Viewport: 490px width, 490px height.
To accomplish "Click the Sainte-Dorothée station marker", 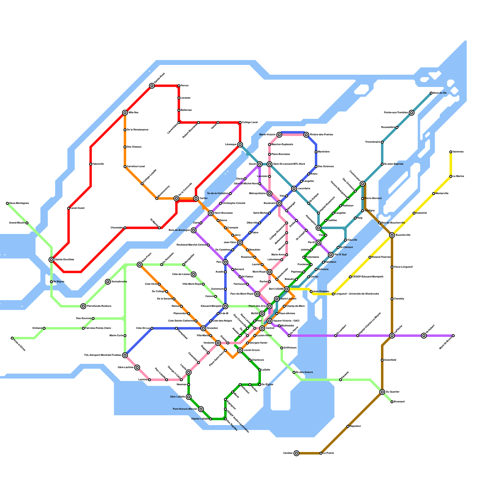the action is pos(51,260).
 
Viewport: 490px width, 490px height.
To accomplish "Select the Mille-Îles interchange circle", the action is pos(125,113).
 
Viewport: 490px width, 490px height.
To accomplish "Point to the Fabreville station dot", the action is pos(91,164).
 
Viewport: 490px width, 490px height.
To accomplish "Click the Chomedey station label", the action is pos(117,228).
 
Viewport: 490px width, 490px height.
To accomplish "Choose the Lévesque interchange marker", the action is pos(240,145).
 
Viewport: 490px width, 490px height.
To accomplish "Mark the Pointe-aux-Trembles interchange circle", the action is pos(412,113).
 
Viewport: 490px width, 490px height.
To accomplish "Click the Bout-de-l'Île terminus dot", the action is pos(431,93).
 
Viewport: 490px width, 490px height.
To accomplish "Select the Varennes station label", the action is pos(458,152).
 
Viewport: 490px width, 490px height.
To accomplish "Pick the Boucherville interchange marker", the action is pos(392,235).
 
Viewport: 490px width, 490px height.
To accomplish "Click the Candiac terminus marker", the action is pos(296,453).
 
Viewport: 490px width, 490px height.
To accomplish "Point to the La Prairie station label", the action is pos(328,453).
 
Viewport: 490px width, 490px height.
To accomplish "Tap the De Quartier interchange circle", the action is pos(382,392).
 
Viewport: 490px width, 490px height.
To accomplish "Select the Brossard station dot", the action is pos(392,402).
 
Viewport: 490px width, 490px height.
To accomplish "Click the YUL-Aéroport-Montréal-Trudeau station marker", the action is pos(125,355).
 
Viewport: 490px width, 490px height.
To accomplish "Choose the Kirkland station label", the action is pos(37,328).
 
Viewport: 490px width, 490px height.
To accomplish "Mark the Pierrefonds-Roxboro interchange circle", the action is pos(83,306).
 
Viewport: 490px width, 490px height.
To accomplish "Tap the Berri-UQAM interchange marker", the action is pos(287,289).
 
